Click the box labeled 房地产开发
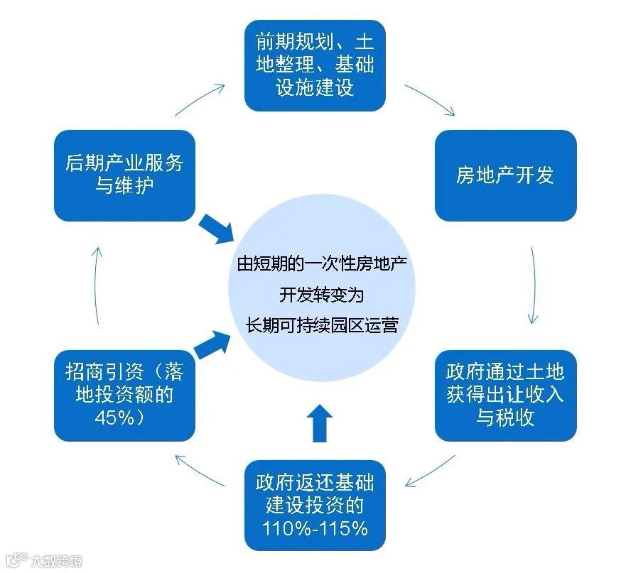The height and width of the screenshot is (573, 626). pos(505,175)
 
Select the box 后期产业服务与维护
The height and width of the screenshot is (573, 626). pos(124,175)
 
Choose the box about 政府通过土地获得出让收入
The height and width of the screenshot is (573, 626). pos(505,395)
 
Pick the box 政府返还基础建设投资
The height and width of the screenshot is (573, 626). pos(315,506)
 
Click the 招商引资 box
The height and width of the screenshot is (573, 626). pos(124,395)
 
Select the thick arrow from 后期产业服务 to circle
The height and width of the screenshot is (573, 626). pos(216,229)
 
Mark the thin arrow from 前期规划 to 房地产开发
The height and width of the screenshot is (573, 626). pos(429,99)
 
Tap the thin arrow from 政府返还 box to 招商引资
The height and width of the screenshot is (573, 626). pos(200,473)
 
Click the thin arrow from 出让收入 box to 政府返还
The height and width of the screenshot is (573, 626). pos(430,472)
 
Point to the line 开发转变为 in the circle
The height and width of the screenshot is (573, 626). pos(320,294)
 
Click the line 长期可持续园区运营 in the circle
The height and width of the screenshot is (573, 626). pos(320,324)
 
